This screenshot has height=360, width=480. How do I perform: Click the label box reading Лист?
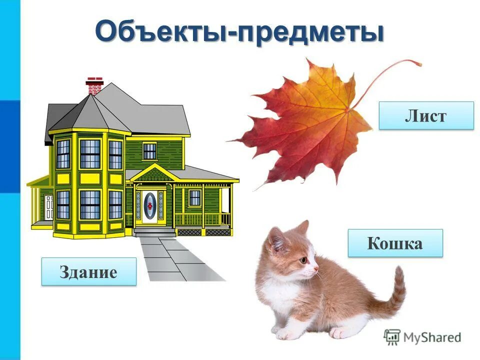(426, 115)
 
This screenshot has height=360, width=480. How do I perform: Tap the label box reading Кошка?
(395, 243)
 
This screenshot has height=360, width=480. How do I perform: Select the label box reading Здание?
(88, 271)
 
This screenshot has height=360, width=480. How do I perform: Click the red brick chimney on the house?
(94, 86)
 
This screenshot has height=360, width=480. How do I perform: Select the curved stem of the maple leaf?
(390, 75)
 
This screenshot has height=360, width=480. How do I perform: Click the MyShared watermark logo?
(422, 337)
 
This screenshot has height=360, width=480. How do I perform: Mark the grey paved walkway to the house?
(180, 260)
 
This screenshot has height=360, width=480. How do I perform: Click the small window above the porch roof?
(149, 151)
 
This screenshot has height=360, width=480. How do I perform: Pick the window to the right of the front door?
(194, 198)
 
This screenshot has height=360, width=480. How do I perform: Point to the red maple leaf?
(305, 125)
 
